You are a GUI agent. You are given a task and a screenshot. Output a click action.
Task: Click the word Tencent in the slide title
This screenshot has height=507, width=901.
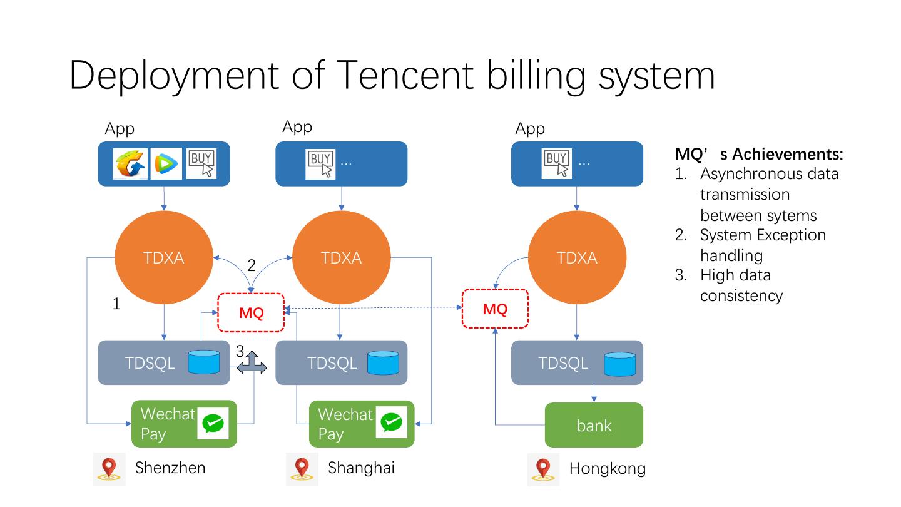coord(404,75)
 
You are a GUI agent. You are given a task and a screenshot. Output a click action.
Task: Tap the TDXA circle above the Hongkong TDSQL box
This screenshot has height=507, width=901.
coord(577,257)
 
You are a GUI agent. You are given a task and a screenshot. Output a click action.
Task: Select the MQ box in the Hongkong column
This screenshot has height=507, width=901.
coord(495,309)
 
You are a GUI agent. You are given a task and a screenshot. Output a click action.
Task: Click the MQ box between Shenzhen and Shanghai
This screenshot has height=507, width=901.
coord(251,313)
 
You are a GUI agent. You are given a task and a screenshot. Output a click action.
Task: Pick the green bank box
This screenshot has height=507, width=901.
coord(594,425)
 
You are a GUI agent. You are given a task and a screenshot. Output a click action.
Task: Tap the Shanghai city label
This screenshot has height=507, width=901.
coord(361,468)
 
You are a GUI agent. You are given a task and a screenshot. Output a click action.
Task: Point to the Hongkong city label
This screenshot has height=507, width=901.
coord(608,468)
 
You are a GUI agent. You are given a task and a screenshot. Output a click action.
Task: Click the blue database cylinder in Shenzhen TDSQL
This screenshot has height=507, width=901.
coord(204,362)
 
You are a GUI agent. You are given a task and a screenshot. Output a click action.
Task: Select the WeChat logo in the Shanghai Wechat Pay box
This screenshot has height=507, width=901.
coord(392,422)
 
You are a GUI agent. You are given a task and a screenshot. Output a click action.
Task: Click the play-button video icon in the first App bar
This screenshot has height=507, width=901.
coord(166,164)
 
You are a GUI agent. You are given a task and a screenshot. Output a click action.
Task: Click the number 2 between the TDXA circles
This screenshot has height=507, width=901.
coord(252,265)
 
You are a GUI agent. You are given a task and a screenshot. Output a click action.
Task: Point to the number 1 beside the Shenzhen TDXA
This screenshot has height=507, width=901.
coord(116,304)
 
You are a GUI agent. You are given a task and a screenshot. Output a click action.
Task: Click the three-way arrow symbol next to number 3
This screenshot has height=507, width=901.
coord(252,362)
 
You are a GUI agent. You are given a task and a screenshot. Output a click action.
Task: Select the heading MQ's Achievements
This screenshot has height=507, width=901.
coord(759,154)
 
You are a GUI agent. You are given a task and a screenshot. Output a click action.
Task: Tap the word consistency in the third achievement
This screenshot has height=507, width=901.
coord(741,296)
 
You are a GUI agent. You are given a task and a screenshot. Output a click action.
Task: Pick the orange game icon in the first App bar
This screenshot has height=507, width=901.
coord(130,164)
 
